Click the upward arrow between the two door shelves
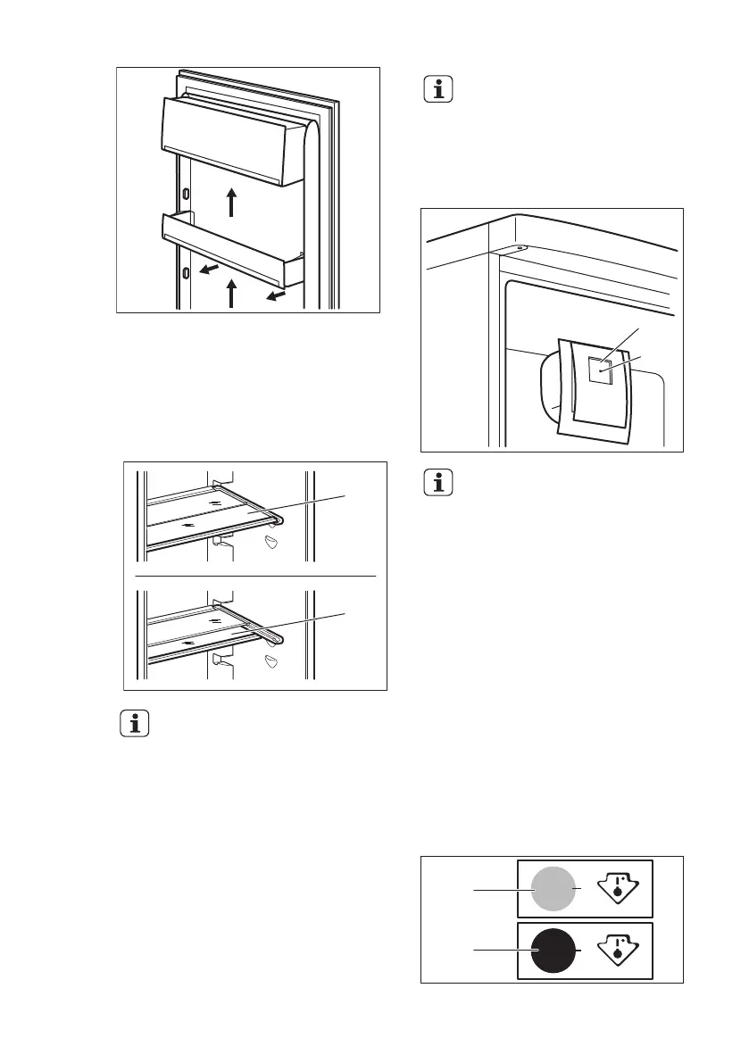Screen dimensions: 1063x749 (231, 202)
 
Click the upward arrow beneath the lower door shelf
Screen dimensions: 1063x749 (231, 293)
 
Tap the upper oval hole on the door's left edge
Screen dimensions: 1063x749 (185, 194)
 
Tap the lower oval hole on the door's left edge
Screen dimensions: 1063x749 (185, 271)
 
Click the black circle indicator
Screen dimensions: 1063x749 (554, 952)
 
